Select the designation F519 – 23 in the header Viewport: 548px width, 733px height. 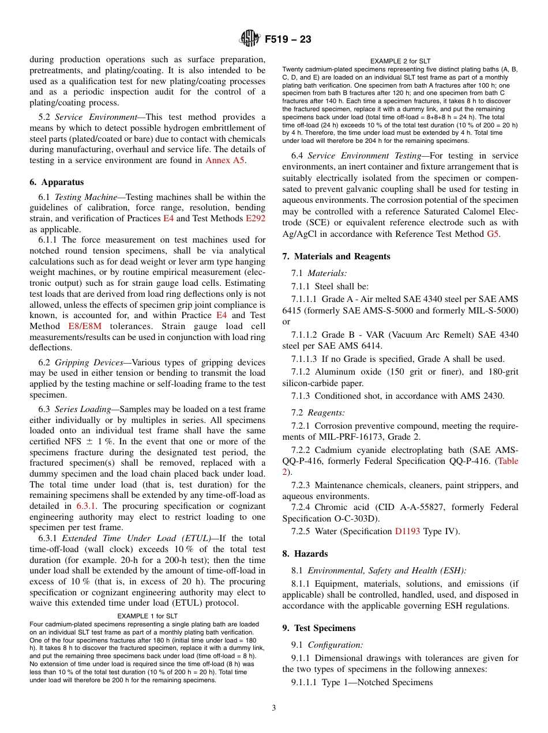pos(288,40)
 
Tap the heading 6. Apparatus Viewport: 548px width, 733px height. pos(57,182)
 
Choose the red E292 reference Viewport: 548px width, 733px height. pos(256,218)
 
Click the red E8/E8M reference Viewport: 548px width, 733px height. pos(76,326)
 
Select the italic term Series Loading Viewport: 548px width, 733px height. pos(82,409)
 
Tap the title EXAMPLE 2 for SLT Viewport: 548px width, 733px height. pos(400,61)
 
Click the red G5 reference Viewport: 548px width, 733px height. pos(494,234)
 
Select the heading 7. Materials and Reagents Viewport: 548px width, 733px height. pos(336,256)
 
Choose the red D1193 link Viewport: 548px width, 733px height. pos(408,531)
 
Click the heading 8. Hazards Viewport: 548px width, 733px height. pos(305,554)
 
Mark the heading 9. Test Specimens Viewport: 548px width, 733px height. pos(318,628)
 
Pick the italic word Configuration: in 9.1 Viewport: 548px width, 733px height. pos(335,645)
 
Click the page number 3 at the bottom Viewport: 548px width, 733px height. pos(273,708)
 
